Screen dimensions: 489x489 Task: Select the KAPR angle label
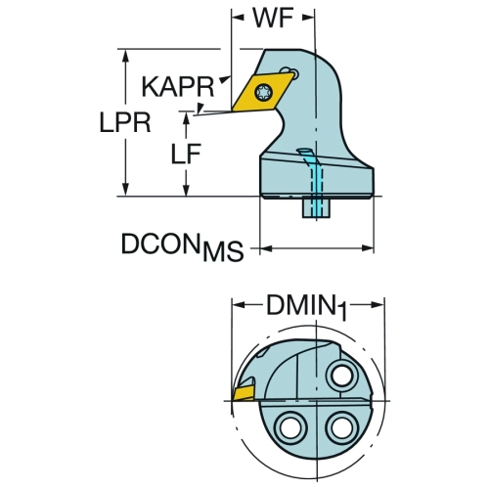tap(178, 87)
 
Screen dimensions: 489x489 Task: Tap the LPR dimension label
tap(125, 122)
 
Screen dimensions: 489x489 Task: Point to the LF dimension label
tap(186, 154)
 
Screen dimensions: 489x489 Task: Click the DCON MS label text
tap(183, 246)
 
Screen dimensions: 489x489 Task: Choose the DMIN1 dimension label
tap(306, 307)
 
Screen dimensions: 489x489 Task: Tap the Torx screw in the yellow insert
tap(263, 93)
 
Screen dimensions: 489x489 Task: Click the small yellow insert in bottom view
tap(244, 393)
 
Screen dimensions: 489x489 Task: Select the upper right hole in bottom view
tap(341, 376)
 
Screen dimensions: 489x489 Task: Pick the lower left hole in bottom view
tap(290, 427)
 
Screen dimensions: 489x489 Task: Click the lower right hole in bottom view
tap(341, 427)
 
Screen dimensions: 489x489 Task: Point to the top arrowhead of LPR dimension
tap(125, 56)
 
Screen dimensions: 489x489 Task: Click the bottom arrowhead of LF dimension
tap(186, 190)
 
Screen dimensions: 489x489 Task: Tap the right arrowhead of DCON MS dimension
tap(368, 248)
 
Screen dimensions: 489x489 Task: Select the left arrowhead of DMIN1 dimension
tap(238, 305)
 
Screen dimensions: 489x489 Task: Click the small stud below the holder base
tap(316, 207)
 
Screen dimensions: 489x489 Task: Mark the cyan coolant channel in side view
tap(313, 183)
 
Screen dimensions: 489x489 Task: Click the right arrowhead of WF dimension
tap(308, 18)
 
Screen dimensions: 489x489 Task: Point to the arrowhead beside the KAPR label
tap(224, 79)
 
